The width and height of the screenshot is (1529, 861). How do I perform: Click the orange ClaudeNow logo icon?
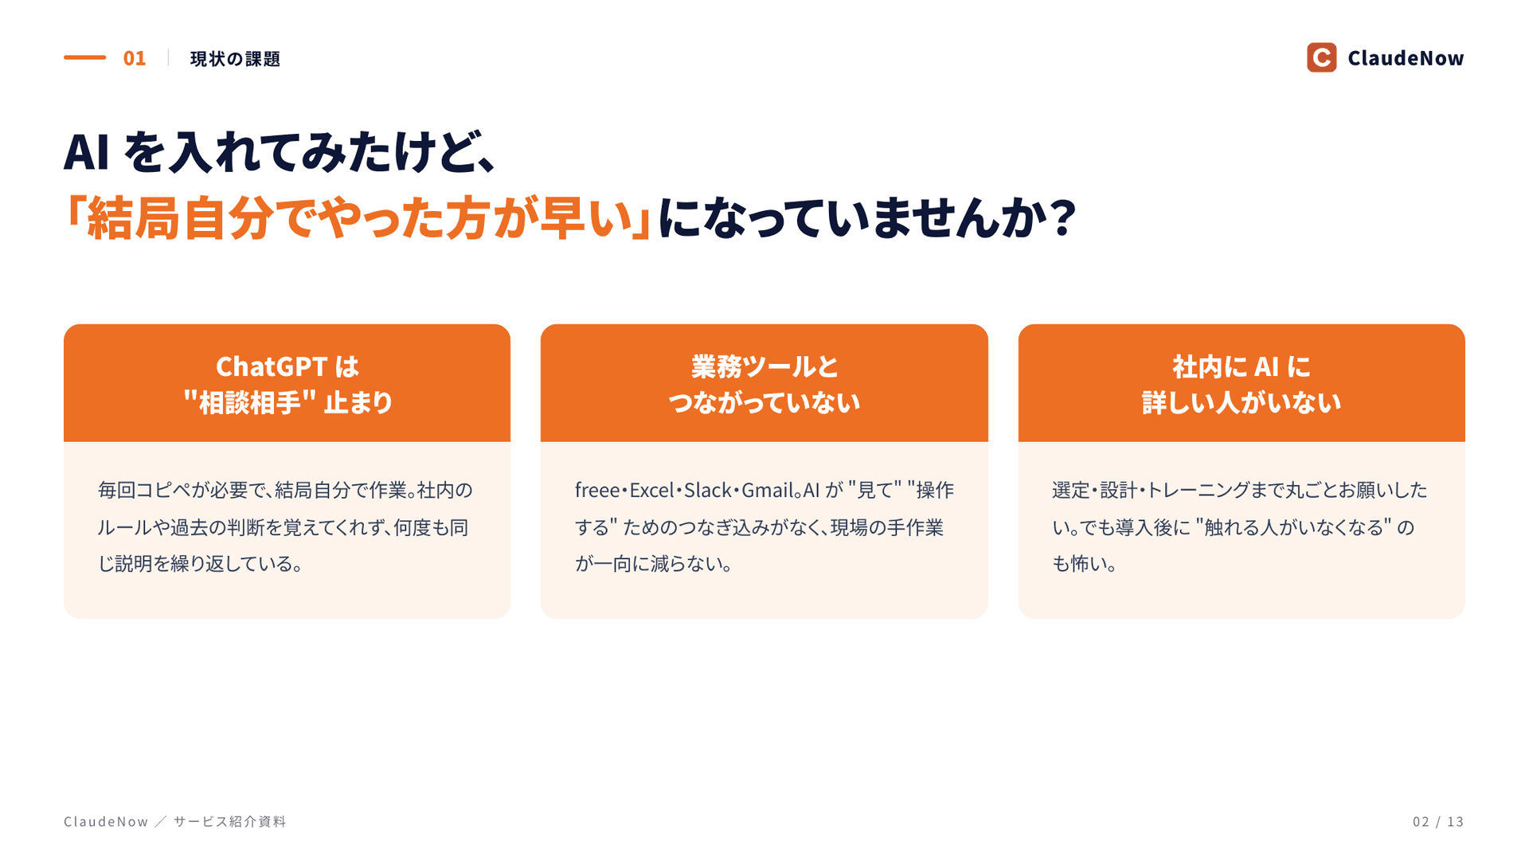pos(1321,57)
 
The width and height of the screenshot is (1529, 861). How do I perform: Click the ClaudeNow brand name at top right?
pos(1406,58)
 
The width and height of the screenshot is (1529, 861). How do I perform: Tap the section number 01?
pos(135,58)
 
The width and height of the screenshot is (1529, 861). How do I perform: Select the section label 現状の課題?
pos(235,59)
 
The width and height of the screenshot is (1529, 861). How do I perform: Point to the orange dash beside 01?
pos(84,57)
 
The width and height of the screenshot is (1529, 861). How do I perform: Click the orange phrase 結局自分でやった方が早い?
pos(360,217)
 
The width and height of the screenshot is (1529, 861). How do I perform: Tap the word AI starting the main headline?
pos(86,152)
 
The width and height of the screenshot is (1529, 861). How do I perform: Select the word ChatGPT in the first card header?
pos(272,367)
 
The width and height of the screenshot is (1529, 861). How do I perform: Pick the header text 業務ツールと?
pos(764,367)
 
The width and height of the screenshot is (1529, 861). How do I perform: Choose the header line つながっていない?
pos(764,402)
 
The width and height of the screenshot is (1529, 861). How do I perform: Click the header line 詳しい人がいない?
pos(1242,402)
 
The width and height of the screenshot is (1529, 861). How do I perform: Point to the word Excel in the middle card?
pos(651,490)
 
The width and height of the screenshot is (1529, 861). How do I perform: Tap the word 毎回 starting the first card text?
pos(117,490)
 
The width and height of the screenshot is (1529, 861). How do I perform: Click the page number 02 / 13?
pos(1438,821)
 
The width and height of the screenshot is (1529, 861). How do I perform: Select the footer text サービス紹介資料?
pos(229,821)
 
